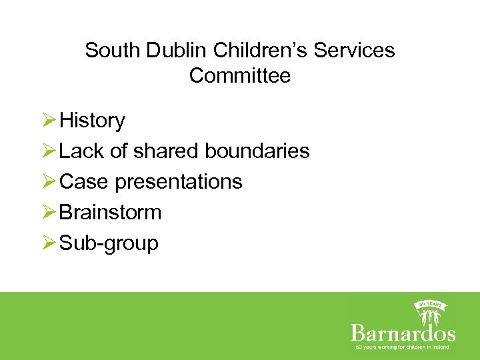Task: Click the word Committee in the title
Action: (x=240, y=75)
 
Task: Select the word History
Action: (x=92, y=121)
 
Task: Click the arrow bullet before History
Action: (x=49, y=121)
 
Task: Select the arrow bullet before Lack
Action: (x=49, y=151)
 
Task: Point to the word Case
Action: (x=84, y=182)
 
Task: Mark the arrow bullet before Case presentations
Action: (x=49, y=182)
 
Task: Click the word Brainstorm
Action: (x=111, y=213)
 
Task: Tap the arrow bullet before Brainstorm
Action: (x=49, y=213)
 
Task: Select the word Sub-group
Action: (x=109, y=243)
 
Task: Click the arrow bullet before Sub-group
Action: (x=49, y=243)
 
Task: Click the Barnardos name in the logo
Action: (x=403, y=333)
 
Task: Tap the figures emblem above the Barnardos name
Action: (x=430, y=311)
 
